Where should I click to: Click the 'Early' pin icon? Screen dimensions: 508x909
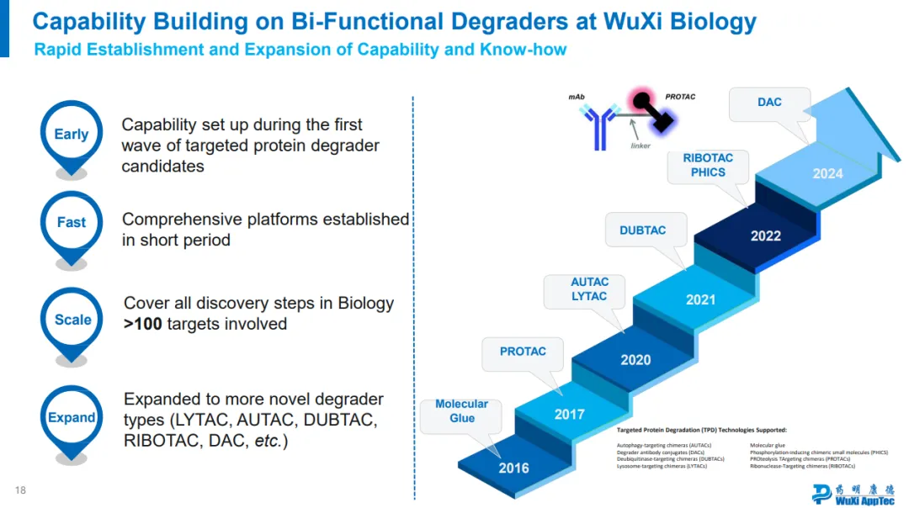pyautogui.click(x=71, y=135)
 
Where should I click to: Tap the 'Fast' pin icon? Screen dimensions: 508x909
pyautogui.click(x=71, y=223)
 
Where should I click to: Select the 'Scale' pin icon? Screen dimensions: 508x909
pyautogui.click(x=72, y=320)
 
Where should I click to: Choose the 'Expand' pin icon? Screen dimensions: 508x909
pyautogui.click(x=72, y=418)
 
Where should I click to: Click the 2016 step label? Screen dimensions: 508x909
pyautogui.click(x=513, y=468)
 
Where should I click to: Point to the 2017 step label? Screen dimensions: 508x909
pyautogui.click(x=569, y=415)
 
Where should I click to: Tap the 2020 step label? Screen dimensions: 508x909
pyautogui.click(x=635, y=360)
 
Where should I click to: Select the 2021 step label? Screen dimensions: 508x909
pyautogui.click(x=700, y=299)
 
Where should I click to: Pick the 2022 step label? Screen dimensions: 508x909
pyautogui.click(x=766, y=236)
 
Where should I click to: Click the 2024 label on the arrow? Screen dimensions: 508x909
pyautogui.click(x=827, y=174)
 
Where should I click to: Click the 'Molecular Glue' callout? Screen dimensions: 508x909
pyautogui.click(x=461, y=411)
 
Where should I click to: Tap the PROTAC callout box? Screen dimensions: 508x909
pyautogui.click(x=523, y=352)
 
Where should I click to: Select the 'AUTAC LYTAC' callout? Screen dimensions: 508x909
pyautogui.click(x=589, y=289)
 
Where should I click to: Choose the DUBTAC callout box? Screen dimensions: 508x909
pyautogui.click(x=643, y=230)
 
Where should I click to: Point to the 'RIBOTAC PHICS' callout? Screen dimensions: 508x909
pyautogui.click(x=708, y=165)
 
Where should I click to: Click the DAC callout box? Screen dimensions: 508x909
pyautogui.click(x=769, y=103)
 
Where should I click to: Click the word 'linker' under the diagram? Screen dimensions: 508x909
pyautogui.click(x=641, y=146)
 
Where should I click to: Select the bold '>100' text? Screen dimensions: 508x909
pyautogui.click(x=143, y=324)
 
